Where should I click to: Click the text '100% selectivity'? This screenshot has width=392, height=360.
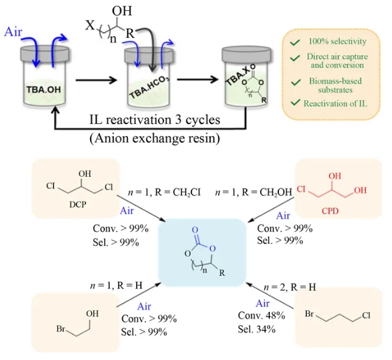(x=337, y=41)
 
